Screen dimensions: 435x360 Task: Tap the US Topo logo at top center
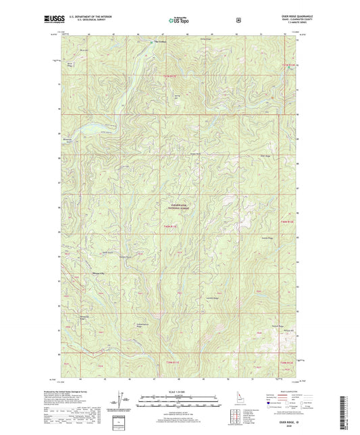tap(179, 21)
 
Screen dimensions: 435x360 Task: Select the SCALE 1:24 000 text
tap(179, 392)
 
